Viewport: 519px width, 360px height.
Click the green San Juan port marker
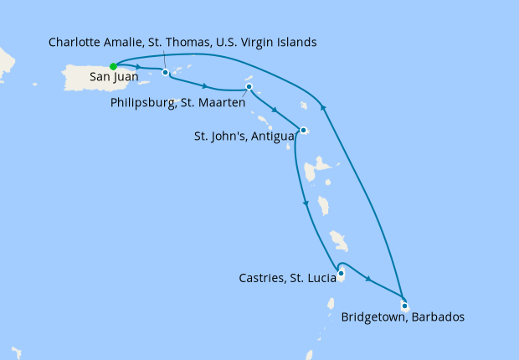point(113,66)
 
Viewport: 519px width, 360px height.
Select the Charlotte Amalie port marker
point(166,72)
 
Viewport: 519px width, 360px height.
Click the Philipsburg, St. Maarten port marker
point(249,87)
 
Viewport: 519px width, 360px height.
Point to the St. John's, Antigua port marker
point(304,130)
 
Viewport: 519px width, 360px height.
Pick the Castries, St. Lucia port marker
point(341,272)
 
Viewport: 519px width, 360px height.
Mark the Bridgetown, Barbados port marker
point(404,306)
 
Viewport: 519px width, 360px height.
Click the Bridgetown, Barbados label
point(403,318)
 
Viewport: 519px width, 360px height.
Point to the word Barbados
point(437,318)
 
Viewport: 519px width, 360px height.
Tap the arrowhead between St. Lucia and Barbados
point(368,277)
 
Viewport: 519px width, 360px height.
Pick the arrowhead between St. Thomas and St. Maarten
point(205,85)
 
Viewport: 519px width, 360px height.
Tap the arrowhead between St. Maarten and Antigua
point(275,108)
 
